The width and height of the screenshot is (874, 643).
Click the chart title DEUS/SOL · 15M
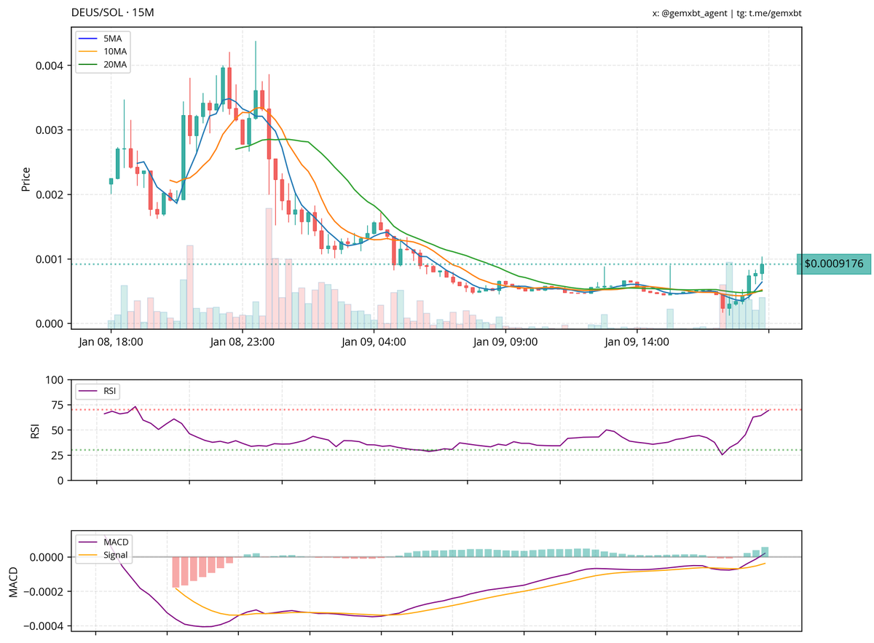point(113,13)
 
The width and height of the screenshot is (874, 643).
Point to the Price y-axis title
point(25,179)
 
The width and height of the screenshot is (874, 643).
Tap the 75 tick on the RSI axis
point(55,405)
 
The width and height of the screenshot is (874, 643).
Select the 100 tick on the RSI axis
point(52,380)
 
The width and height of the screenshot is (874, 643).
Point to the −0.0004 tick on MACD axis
point(42,626)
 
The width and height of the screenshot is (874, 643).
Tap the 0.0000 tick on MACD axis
point(45,557)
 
